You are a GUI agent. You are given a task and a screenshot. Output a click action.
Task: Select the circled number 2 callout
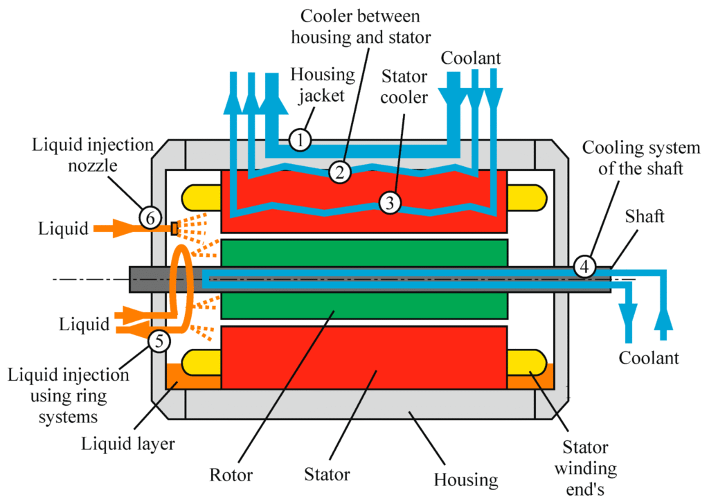pos(339,171)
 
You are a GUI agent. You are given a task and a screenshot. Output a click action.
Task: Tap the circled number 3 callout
pos(390,202)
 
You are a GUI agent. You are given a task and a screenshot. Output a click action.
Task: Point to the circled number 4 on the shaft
pos(584,265)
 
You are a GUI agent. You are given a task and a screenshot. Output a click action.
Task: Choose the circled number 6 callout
pos(150,217)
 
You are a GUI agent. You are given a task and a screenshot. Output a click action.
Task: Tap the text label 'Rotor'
pos(232,476)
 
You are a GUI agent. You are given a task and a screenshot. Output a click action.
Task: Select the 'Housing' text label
pos(465,479)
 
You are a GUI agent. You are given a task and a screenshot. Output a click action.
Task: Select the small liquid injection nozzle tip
pos(174,228)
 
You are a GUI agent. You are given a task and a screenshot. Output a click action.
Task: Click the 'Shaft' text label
pos(644,216)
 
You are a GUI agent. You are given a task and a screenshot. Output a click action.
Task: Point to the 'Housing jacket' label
pos(323,84)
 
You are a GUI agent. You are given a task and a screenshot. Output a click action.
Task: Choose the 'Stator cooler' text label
pos(405,87)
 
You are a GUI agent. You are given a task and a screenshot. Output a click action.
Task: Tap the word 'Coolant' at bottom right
pos(649,358)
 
